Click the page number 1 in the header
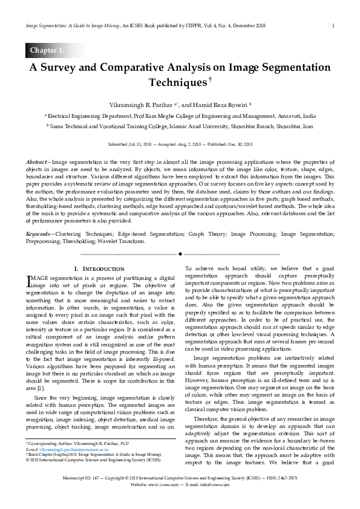(333, 25)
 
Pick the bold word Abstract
(37, 163)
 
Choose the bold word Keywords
(39, 233)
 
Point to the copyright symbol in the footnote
(27, 459)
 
